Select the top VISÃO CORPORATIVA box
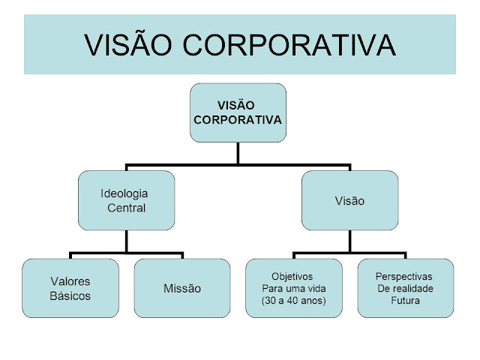point(238,112)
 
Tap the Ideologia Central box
point(126,200)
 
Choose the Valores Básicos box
point(70,288)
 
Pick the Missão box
point(182,288)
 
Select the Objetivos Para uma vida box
point(293,288)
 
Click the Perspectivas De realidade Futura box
point(405,288)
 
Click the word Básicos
point(70,295)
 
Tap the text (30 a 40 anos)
point(292,301)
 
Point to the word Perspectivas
point(405,275)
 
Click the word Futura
point(405,301)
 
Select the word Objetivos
point(292,276)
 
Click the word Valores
point(70,281)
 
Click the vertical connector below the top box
point(238,152)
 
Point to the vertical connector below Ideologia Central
point(126,240)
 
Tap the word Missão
point(182,288)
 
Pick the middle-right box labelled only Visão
point(349,200)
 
